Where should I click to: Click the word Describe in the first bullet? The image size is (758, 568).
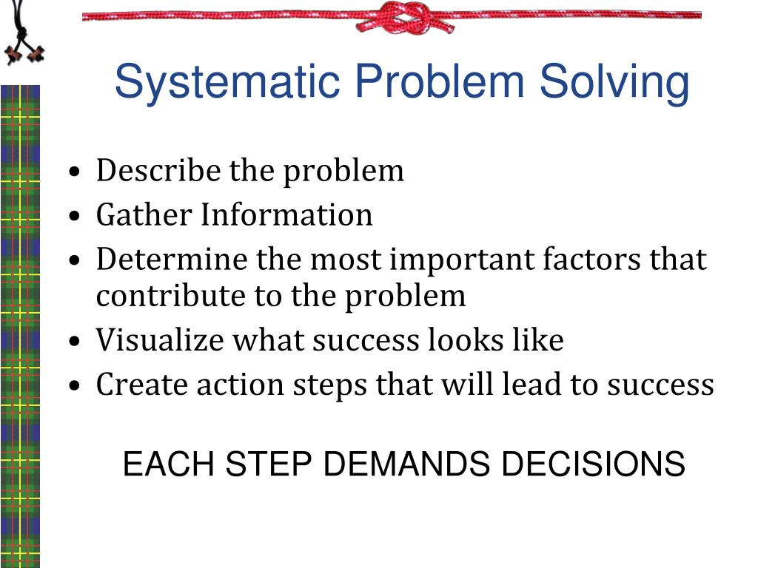[158, 171]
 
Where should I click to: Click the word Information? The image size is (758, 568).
[287, 215]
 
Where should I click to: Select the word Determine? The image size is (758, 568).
[172, 260]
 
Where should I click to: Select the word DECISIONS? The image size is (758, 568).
[592, 465]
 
